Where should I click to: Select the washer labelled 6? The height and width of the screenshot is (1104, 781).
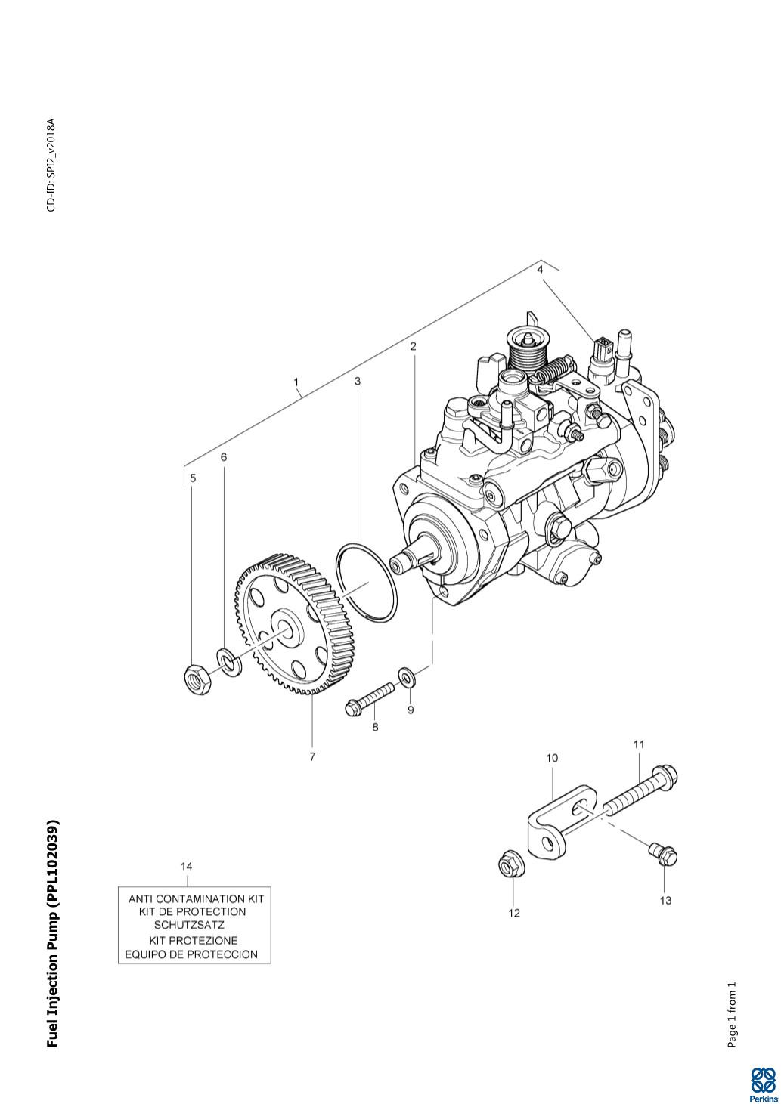(229, 663)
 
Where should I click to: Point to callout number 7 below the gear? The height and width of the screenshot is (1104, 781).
(312, 756)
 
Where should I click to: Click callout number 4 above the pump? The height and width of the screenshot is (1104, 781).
(540, 270)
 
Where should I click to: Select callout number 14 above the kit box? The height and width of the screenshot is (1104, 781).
(187, 867)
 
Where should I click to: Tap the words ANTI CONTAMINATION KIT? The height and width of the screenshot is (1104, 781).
(197, 899)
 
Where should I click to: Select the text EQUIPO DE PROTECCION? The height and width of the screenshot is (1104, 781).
(191, 954)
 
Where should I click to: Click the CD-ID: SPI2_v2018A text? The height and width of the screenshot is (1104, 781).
(51, 165)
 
